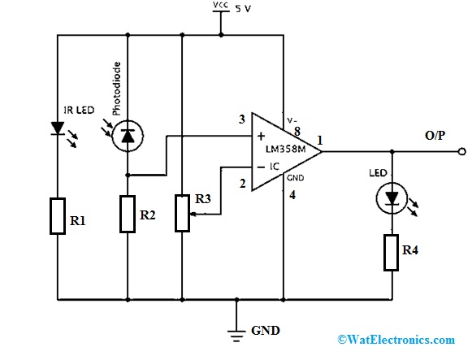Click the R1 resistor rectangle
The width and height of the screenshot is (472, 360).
(58, 216)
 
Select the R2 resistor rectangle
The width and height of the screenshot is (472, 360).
(128, 214)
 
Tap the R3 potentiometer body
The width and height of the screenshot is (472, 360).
(182, 213)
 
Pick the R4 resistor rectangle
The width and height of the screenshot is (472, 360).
(392, 253)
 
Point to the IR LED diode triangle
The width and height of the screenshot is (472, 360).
(58, 128)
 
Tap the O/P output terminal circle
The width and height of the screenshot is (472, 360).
(462, 151)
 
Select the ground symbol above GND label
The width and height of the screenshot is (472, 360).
(236, 336)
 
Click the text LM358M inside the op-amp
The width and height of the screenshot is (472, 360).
(286, 149)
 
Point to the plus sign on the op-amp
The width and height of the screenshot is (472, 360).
(261, 136)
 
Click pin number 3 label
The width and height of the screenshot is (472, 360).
(242, 119)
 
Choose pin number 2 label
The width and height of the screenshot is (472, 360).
(243, 184)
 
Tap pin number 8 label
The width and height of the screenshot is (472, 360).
(297, 131)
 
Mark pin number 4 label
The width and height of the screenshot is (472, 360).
(292, 195)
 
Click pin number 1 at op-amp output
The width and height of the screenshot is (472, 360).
(320, 141)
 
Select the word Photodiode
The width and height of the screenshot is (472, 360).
(116, 89)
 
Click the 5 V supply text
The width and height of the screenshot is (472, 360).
(243, 9)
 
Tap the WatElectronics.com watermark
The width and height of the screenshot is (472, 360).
(396, 340)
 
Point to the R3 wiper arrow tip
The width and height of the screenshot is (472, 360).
(192, 215)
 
